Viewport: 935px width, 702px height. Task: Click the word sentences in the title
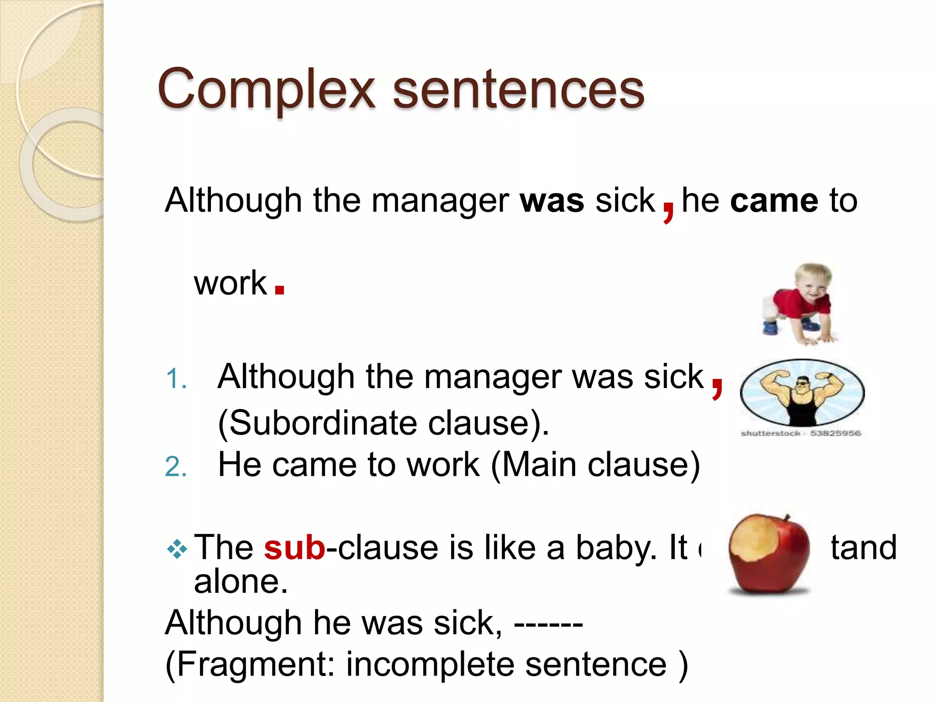(518, 90)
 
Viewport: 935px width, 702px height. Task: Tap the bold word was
(552, 201)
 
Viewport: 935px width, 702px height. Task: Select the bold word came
(774, 201)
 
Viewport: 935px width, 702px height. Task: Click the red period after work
(280, 289)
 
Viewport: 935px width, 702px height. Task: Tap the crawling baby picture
(800, 303)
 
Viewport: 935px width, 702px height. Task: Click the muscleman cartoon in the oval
(802, 393)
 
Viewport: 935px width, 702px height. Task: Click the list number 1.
(176, 379)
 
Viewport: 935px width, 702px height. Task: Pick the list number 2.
(176, 468)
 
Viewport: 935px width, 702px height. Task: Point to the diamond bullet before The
(177, 549)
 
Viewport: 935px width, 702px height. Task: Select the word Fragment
(256, 665)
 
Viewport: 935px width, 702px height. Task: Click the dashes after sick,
(548, 624)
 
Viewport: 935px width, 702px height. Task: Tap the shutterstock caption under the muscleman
(800, 433)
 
